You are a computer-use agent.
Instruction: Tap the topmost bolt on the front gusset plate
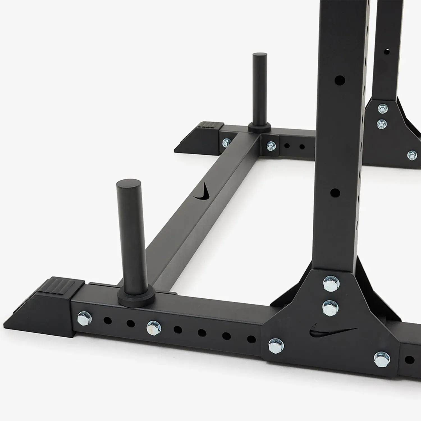[x=331, y=283]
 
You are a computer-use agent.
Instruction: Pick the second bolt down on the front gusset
[x=330, y=308]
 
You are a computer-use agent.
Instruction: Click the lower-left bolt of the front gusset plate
[x=276, y=346]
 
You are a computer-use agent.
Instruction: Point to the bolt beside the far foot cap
[x=226, y=143]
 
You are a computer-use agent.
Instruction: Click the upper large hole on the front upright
[x=340, y=80]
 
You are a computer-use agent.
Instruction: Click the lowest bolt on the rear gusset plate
[x=412, y=155]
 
